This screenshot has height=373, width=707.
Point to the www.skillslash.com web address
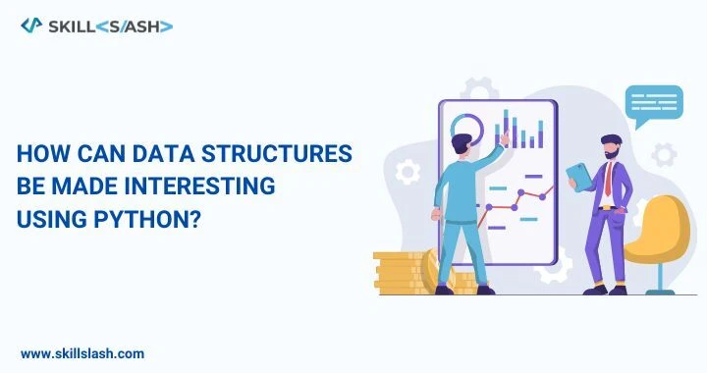point(82,352)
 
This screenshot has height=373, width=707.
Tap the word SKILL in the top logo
point(76,26)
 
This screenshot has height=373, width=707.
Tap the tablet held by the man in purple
point(580,177)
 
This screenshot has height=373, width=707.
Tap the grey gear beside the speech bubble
point(664,154)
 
